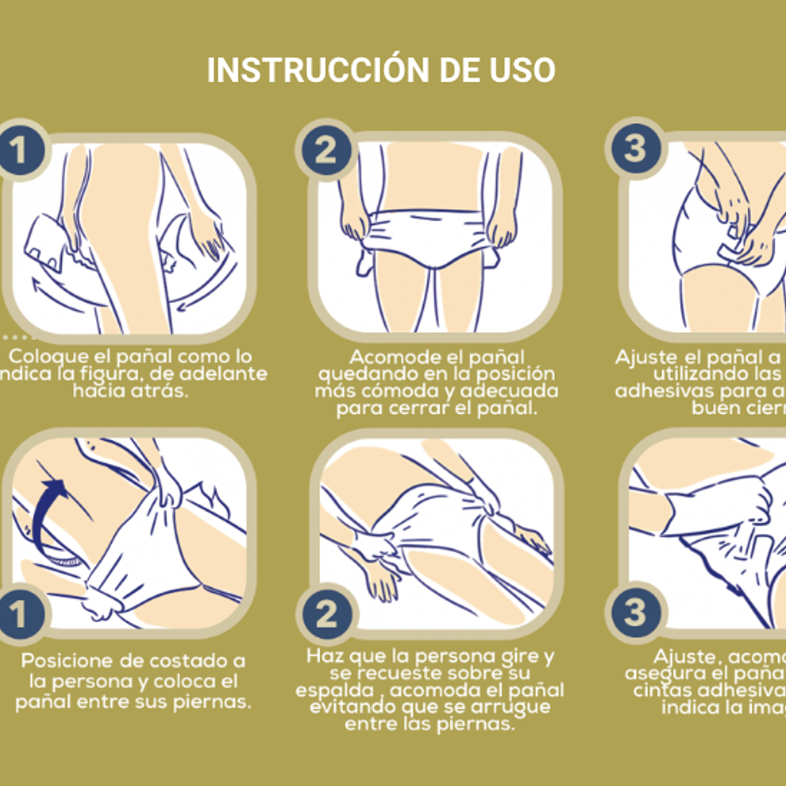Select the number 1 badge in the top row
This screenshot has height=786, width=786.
tap(17, 150)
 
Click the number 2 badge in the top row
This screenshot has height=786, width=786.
tap(326, 150)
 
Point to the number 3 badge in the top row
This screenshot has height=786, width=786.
tap(634, 149)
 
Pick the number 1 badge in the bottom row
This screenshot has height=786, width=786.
tap(17, 614)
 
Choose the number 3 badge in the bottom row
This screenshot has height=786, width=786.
tap(634, 613)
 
